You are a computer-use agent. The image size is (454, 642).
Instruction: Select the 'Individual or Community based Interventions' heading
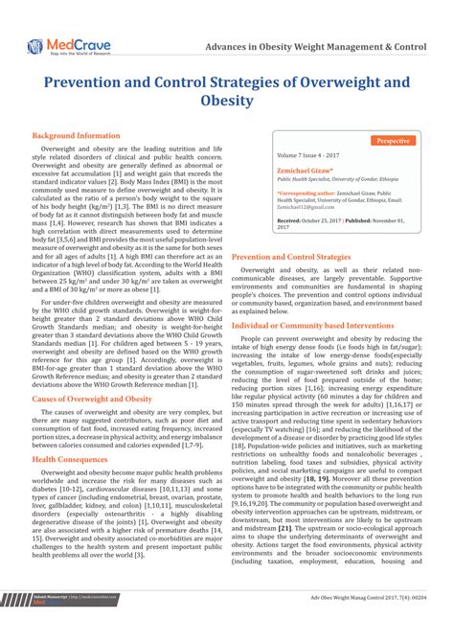point(313,326)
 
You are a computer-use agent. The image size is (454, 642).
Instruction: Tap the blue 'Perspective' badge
point(393,140)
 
